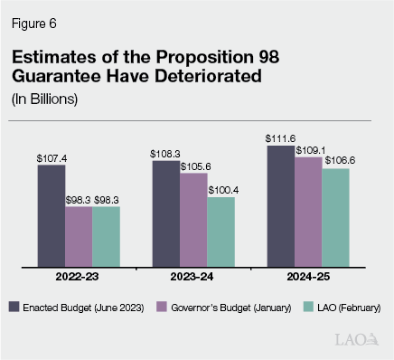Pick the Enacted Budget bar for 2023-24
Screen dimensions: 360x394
pyautogui.click(x=166, y=213)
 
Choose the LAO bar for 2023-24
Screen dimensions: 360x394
pyautogui.click(x=220, y=232)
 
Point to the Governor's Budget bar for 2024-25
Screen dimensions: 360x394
pyautogui.click(x=308, y=212)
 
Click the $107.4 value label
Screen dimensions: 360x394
pyautogui.click(x=52, y=157)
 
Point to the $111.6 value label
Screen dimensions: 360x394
pyautogui.click(x=281, y=137)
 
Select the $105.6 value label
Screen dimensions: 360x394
pyautogui.click(x=193, y=166)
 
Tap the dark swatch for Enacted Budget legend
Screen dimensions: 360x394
pyautogui.click(x=15, y=308)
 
